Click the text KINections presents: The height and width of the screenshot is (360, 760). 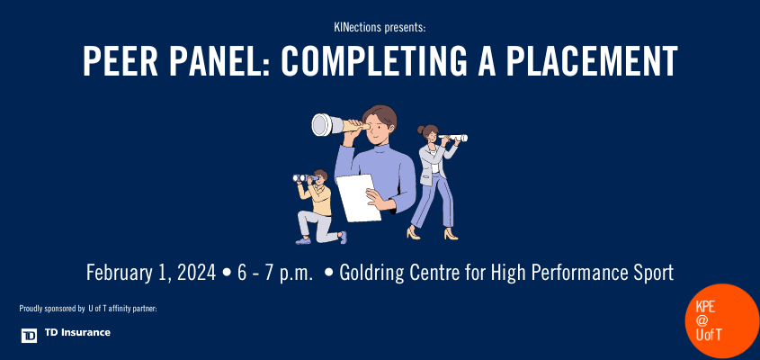[x=379, y=28]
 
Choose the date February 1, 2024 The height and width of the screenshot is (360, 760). [x=151, y=272]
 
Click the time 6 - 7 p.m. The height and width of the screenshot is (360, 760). [x=275, y=272]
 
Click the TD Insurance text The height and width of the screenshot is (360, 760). [x=78, y=333]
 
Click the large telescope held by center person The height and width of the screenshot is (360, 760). [x=334, y=123]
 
